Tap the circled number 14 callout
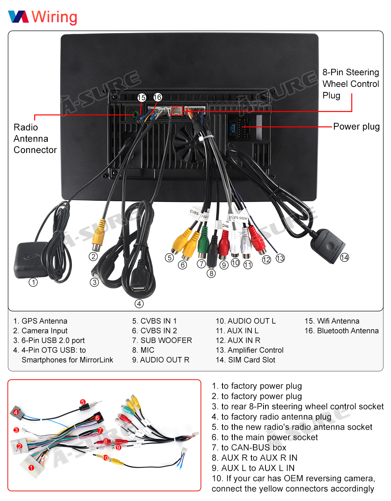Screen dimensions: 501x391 tap(344, 257)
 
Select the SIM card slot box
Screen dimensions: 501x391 tap(328, 242)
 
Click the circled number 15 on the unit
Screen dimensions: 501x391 tap(142, 97)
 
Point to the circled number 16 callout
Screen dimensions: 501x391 tap(157, 97)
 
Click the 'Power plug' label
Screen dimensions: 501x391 tap(356, 126)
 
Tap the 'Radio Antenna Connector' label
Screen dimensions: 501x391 tap(35, 139)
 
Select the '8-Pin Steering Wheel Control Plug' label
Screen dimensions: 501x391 tap(350, 84)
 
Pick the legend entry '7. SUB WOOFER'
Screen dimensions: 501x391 tap(162, 341)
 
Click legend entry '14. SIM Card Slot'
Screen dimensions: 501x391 tap(245, 360)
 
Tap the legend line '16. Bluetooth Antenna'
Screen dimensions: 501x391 tap(341, 331)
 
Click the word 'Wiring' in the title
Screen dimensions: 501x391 tap(54, 17)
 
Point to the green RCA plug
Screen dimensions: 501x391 tap(203, 243)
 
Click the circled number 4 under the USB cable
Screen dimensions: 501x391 tap(139, 303)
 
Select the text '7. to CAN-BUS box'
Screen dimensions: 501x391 tap(249, 447)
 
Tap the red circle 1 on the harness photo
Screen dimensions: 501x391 tap(31, 467)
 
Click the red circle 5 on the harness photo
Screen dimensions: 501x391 tap(83, 402)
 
